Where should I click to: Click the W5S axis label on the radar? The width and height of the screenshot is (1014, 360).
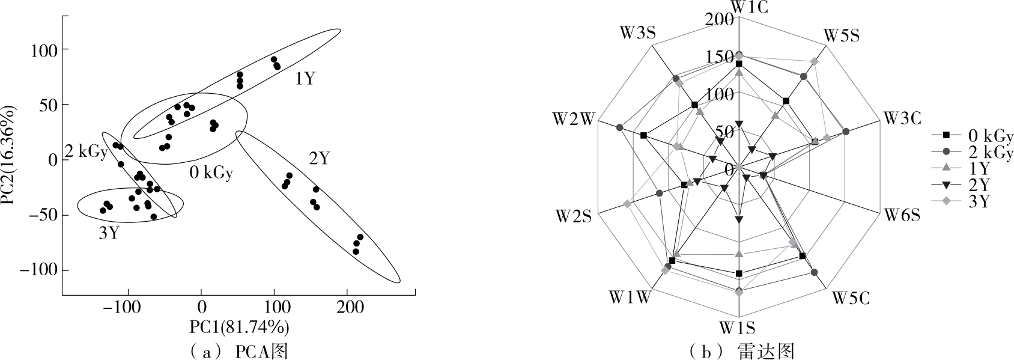[x=841, y=35]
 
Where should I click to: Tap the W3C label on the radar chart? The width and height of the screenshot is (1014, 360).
[x=902, y=118]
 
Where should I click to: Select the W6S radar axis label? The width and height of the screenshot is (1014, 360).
[x=901, y=215]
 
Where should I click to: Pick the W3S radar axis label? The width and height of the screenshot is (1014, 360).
[x=637, y=34]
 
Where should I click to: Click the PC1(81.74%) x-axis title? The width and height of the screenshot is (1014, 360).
[x=240, y=327]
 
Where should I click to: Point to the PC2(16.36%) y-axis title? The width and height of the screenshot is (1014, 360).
[x=9, y=156]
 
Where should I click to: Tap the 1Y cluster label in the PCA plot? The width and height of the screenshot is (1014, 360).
[x=305, y=79]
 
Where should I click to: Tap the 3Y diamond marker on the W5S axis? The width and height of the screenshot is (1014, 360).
[x=814, y=61]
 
